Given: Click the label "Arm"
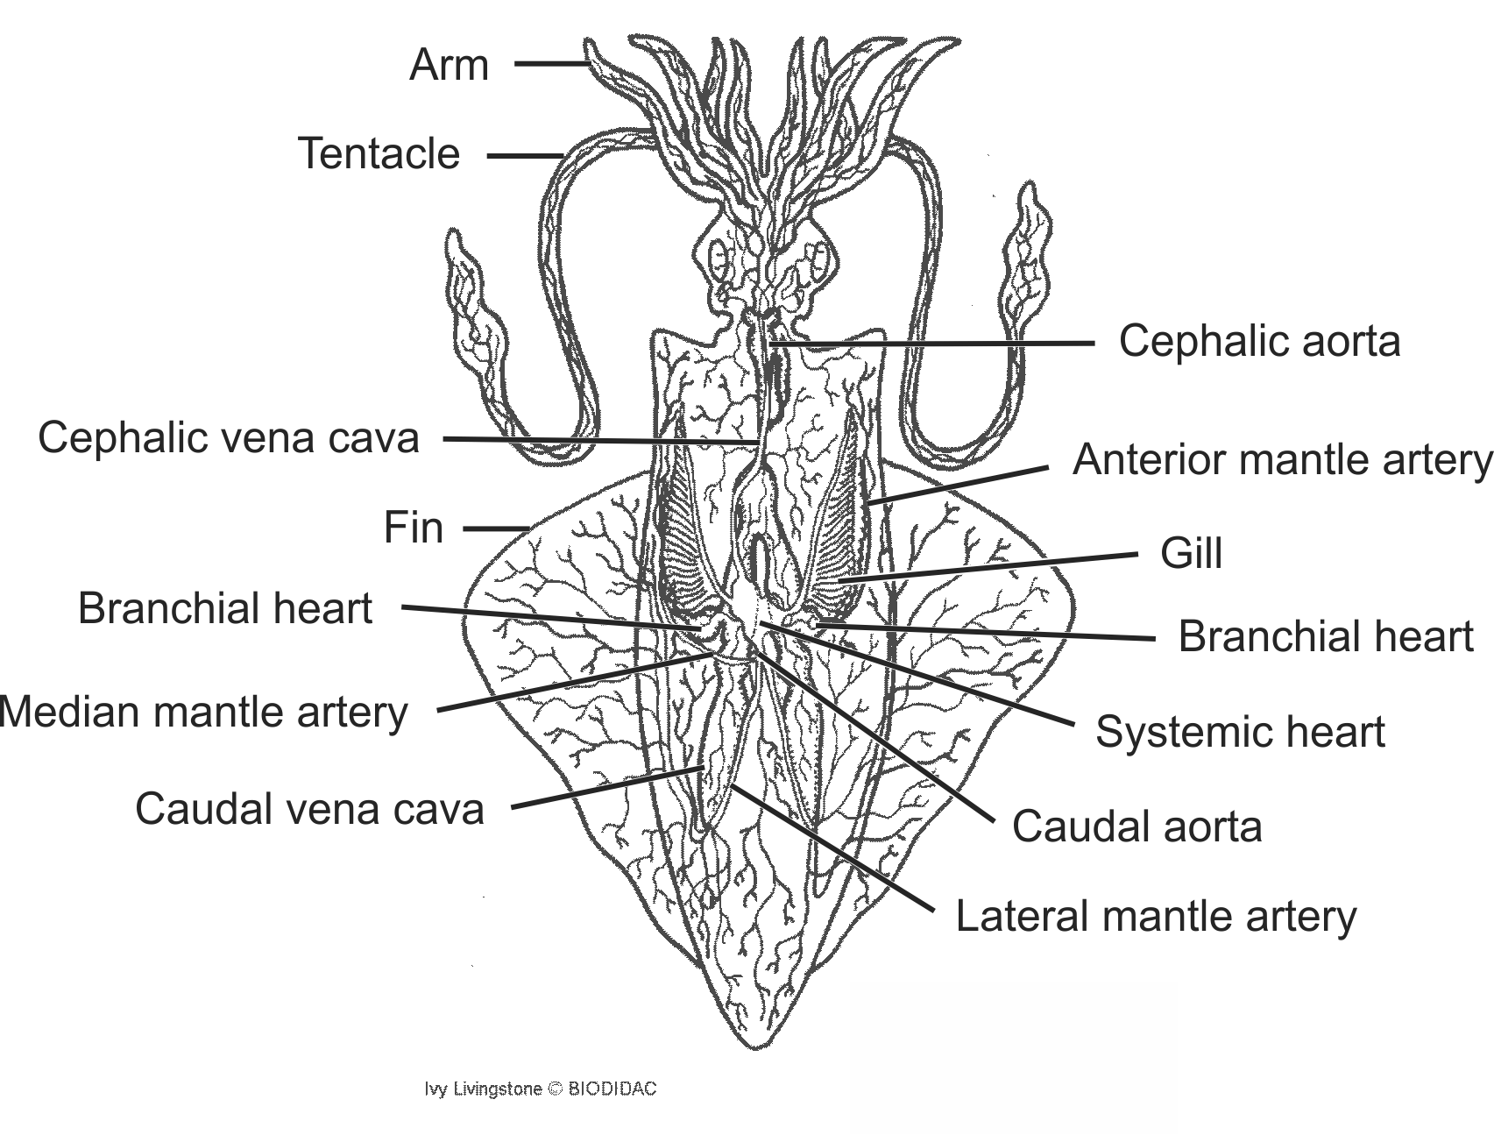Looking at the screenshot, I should [x=449, y=66].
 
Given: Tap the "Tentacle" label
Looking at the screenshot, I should [x=379, y=153].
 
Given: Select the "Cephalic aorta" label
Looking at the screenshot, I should [x=1259, y=341].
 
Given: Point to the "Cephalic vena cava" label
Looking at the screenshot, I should [x=229, y=437].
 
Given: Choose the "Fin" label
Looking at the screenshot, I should [x=414, y=528].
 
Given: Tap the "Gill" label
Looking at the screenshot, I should [x=1191, y=554].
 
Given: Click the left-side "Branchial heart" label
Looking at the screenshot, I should [x=225, y=608].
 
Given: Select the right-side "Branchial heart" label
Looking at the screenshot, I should [x=1326, y=637].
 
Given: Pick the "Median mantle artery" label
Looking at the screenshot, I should [x=204, y=712].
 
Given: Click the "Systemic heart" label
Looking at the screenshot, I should [x=1240, y=732].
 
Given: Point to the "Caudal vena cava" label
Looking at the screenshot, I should [x=309, y=808].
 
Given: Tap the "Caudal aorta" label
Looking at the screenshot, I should [x=1136, y=826].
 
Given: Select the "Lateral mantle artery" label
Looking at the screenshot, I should [x=1156, y=917].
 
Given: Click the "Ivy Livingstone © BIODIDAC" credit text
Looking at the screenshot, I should [x=540, y=1089].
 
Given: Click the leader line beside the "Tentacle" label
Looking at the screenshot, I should [x=524, y=156].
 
